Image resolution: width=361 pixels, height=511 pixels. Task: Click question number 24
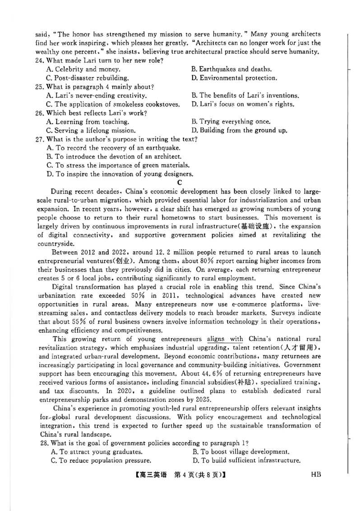coord(39,60)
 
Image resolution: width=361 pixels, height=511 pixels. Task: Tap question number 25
coord(39,87)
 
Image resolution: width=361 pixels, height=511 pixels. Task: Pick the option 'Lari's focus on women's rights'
coord(242,104)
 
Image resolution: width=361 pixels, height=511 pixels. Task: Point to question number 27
coord(39,139)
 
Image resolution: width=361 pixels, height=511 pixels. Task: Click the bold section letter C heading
coord(180,182)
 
